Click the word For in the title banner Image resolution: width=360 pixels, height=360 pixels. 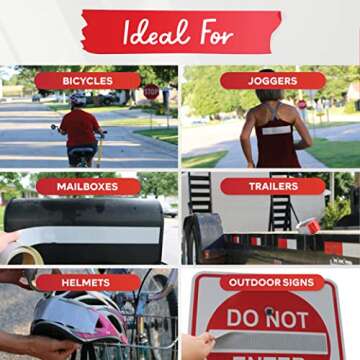pyautogui.click(x=216, y=33)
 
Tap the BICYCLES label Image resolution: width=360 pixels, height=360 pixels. pyautogui.click(x=88, y=81)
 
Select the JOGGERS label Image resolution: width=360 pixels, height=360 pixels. pyautogui.click(x=273, y=81)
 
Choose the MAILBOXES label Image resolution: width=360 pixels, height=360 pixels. pyautogui.click(x=88, y=187)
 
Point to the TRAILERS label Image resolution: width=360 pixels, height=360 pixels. pyautogui.click(x=273, y=186)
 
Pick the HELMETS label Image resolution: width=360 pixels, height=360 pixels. pyautogui.click(x=88, y=283)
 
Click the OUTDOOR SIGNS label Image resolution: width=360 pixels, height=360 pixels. pyautogui.click(x=272, y=283)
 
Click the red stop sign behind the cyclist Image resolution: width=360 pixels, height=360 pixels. pyautogui.click(x=151, y=92)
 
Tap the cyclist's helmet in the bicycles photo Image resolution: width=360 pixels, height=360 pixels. pyautogui.click(x=78, y=100)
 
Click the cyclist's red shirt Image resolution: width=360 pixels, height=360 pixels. pyautogui.click(x=81, y=128)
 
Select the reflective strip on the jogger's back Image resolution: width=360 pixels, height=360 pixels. pyautogui.click(x=276, y=130)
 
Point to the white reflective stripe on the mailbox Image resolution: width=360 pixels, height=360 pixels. pyautogui.click(x=91, y=236)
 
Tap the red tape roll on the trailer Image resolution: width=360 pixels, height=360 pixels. pyautogui.click(x=309, y=226)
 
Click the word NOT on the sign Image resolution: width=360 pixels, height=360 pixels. pyautogui.click(x=287, y=320)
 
